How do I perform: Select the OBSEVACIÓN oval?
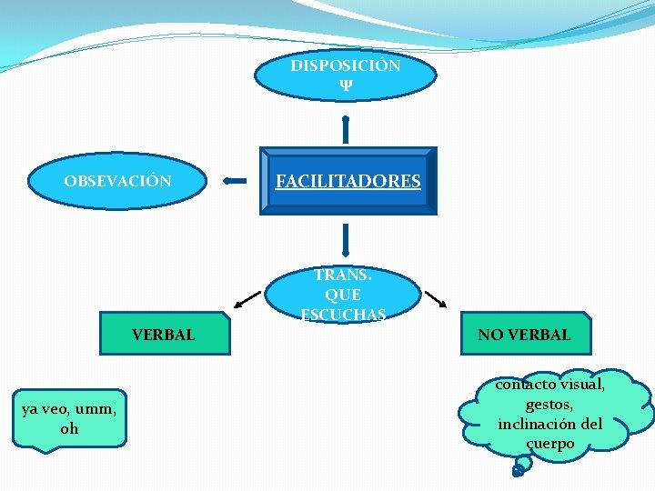click(x=117, y=180)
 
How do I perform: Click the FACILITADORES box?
click(x=348, y=181)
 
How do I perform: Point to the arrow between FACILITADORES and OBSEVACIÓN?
click(x=235, y=181)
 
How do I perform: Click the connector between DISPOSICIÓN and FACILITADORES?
click(x=346, y=129)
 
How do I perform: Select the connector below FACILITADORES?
click(x=346, y=240)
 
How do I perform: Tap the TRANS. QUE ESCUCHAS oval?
click(x=343, y=295)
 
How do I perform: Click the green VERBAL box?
click(x=163, y=335)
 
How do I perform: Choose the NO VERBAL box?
click(x=524, y=334)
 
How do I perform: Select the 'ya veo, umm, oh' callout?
click(x=69, y=419)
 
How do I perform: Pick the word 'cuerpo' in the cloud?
click(x=549, y=444)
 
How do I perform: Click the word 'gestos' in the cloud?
click(x=549, y=404)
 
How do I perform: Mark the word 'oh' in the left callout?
click(x=69, y=428)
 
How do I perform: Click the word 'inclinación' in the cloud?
click(x=536, y=424)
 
